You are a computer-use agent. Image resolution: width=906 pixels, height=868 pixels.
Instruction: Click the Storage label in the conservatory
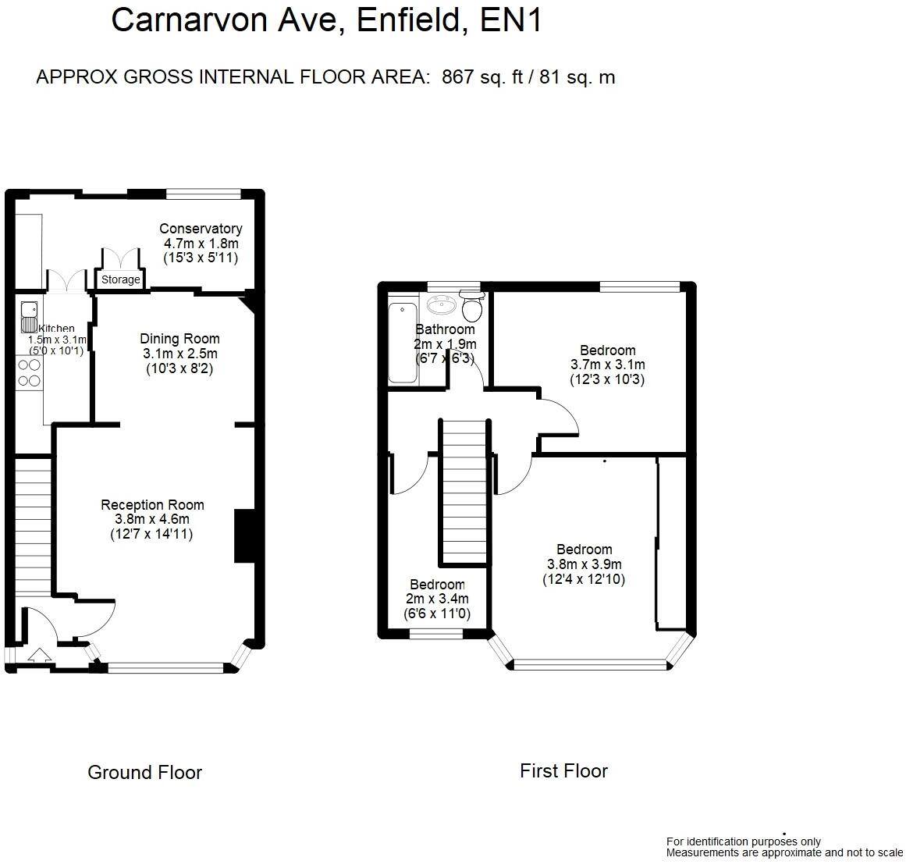pyautogui.click(x=121, y=279)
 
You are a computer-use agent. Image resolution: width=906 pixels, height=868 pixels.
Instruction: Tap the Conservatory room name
pyautogui.click(x=201, y=229)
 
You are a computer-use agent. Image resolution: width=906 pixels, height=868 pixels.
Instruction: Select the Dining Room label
pyautogui.click(x=179, y=339)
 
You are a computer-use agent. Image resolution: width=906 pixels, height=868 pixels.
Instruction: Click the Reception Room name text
pyautogui.click(x=152, y=505)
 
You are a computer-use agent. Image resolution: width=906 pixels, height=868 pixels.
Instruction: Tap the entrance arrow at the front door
pyautogui.click(x=37, y=653)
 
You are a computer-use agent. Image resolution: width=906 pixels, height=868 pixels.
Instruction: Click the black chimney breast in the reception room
pyautogui.click(x=244, y=535)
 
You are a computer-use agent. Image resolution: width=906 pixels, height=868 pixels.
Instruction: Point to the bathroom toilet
pyautogui.click(x=471, y=308)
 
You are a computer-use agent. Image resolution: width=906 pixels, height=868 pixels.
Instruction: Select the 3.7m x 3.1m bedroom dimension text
pyautogui.click(x=607, y=365)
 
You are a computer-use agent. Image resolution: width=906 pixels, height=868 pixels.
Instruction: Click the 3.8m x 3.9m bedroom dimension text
pyautogui.click(x=584, y=564)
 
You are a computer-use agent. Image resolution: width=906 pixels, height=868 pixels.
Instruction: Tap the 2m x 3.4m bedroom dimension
pyautogui.click(x=437, y=599)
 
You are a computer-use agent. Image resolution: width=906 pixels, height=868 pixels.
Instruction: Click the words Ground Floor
pyautogui.click(x=144, y=773)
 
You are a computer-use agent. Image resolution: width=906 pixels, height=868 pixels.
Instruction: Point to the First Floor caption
pyautogui.click(x=563, y=771)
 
